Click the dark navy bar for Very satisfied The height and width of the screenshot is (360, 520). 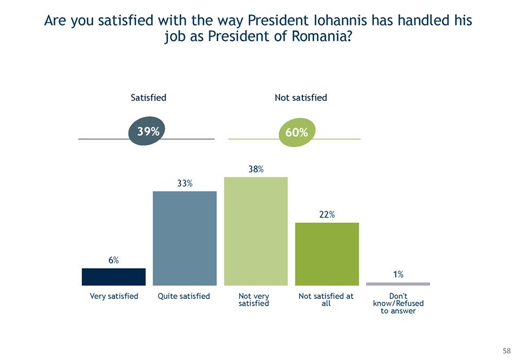pos(113,277)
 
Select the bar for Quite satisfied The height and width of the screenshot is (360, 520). pos(185,238)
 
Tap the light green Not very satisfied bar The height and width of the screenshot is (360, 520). pos(256,231)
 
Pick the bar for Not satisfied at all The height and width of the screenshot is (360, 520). pos(327,254)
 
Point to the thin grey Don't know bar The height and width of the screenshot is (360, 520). pos(398,284)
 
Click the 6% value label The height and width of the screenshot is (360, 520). pos(113,260)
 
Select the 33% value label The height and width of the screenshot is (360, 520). pos(185,183)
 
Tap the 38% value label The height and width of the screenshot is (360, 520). pos(256,169)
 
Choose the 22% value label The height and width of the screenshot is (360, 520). pos(327,215)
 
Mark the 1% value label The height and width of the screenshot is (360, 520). pos(398,274)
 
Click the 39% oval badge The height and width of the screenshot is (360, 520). pos(147,131)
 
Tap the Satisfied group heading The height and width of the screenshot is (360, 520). pos(148,98)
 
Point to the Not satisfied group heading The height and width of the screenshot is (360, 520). pos(301,98)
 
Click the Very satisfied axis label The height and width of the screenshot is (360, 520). pos(114,296)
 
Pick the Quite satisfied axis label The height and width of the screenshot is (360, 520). pos(184,296)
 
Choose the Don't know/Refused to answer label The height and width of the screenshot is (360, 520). pos(398,304)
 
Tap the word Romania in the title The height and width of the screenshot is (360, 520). pos(310,37)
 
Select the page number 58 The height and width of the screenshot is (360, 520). pos(506,350)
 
